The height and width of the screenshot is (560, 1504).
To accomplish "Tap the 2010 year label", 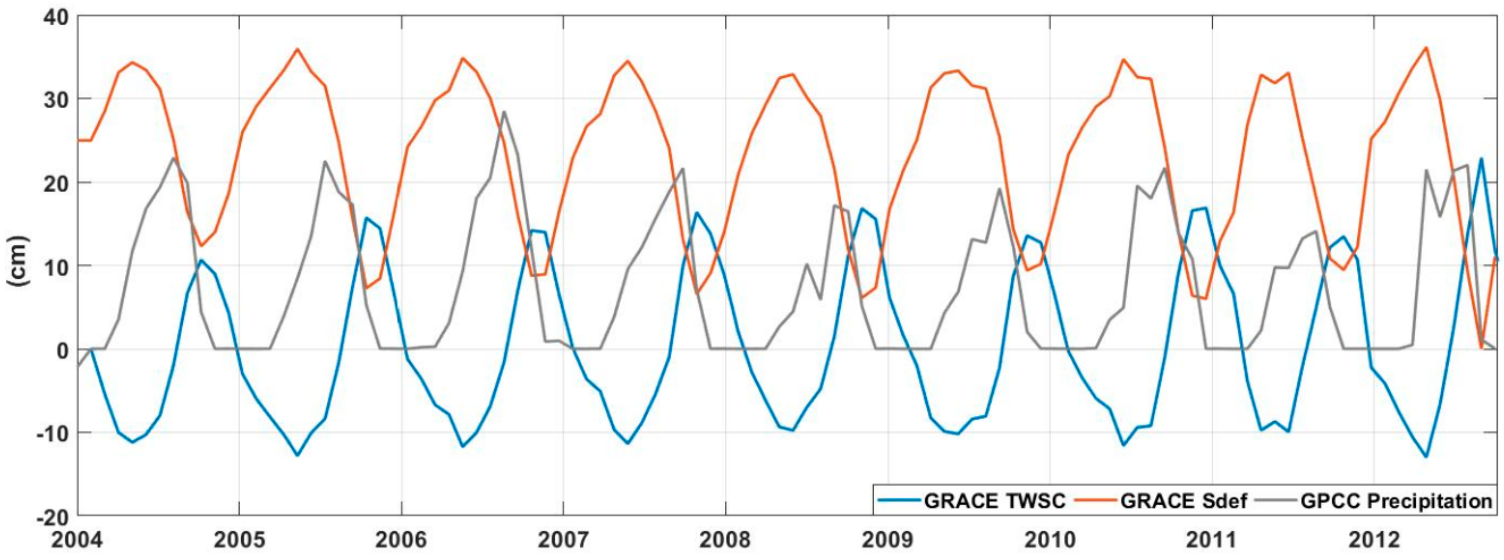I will [x=1049, y=540].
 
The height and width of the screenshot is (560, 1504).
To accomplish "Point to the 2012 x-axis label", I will [x=1374, y=540].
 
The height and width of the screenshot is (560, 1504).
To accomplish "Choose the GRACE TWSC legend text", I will [x=994, y=501].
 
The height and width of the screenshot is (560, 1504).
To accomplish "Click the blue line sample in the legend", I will [x=899, y=501].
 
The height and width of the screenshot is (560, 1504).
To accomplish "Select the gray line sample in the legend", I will [x=1276, y=501].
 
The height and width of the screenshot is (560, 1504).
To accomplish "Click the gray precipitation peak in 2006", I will [x=504, y=112].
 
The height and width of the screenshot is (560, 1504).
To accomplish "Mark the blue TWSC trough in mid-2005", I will [x=297, y=455].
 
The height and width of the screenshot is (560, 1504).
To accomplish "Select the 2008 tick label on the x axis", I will [x=725, y=540].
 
